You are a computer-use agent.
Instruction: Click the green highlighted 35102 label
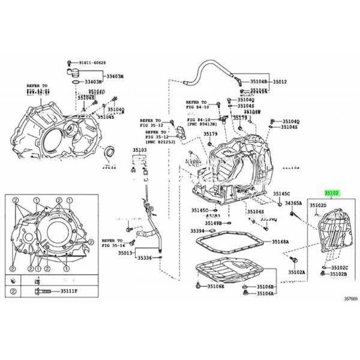pyautogui.click(x=332, y=193)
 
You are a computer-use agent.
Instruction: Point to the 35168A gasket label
pyautogui.click(x=281, y=241)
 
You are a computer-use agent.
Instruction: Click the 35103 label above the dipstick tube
pyautogui.click(x=140, y=149)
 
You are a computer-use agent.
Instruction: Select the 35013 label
pyautogui.click(x=125, y=253)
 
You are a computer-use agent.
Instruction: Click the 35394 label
pyautogui.click(x=198, y=230)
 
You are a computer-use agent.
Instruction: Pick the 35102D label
pyautogui.click(x=319, y=205)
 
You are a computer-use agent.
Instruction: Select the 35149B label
pyautogui.click(x=211, y=223)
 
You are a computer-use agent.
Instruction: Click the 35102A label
pyautogui.click(x=296, y=272)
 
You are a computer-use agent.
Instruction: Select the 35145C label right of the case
pyautogui.click(x=281, y=194)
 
